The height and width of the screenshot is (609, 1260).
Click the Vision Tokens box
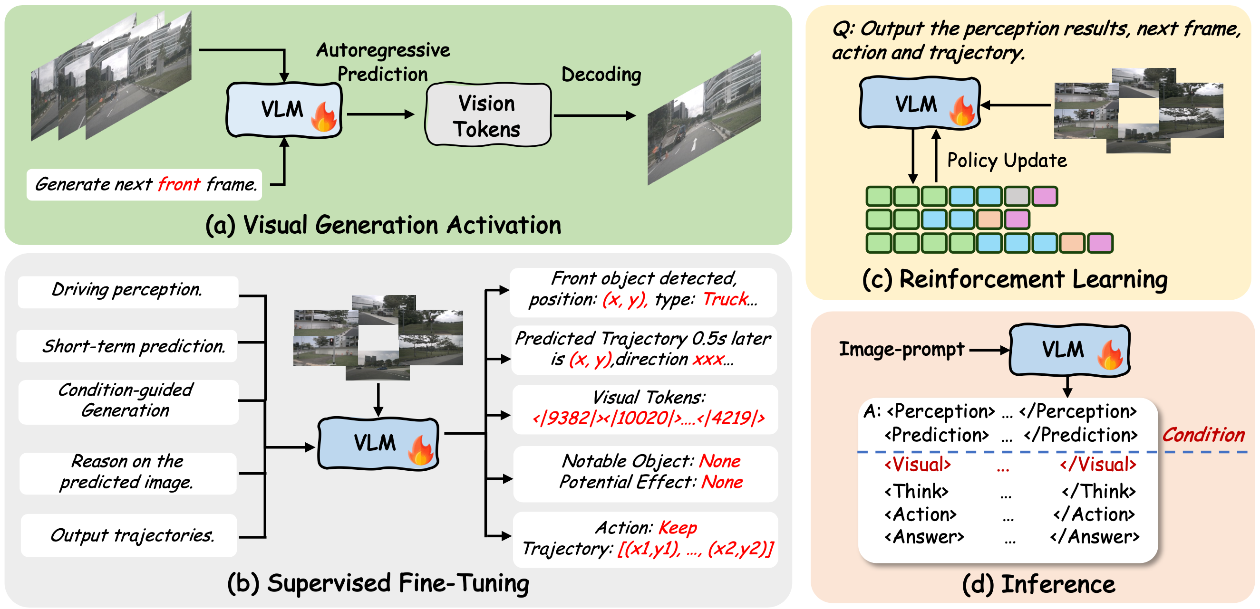488,115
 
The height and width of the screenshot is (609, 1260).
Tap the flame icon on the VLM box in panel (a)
324,117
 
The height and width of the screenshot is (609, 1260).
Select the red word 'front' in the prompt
179,185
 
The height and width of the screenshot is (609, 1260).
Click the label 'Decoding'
601,75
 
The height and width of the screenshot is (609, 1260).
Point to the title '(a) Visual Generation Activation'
383,225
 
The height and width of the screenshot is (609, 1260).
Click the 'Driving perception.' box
127,290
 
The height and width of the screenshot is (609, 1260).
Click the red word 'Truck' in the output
726,299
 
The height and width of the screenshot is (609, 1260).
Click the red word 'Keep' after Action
678,528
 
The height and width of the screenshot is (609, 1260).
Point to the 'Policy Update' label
1007,160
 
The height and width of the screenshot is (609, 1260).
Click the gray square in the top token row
1018,197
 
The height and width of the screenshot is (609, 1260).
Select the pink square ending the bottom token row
1101,243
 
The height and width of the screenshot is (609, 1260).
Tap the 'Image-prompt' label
901,350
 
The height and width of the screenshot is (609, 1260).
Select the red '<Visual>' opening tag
918,464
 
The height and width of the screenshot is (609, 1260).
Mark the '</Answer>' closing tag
1095,537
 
